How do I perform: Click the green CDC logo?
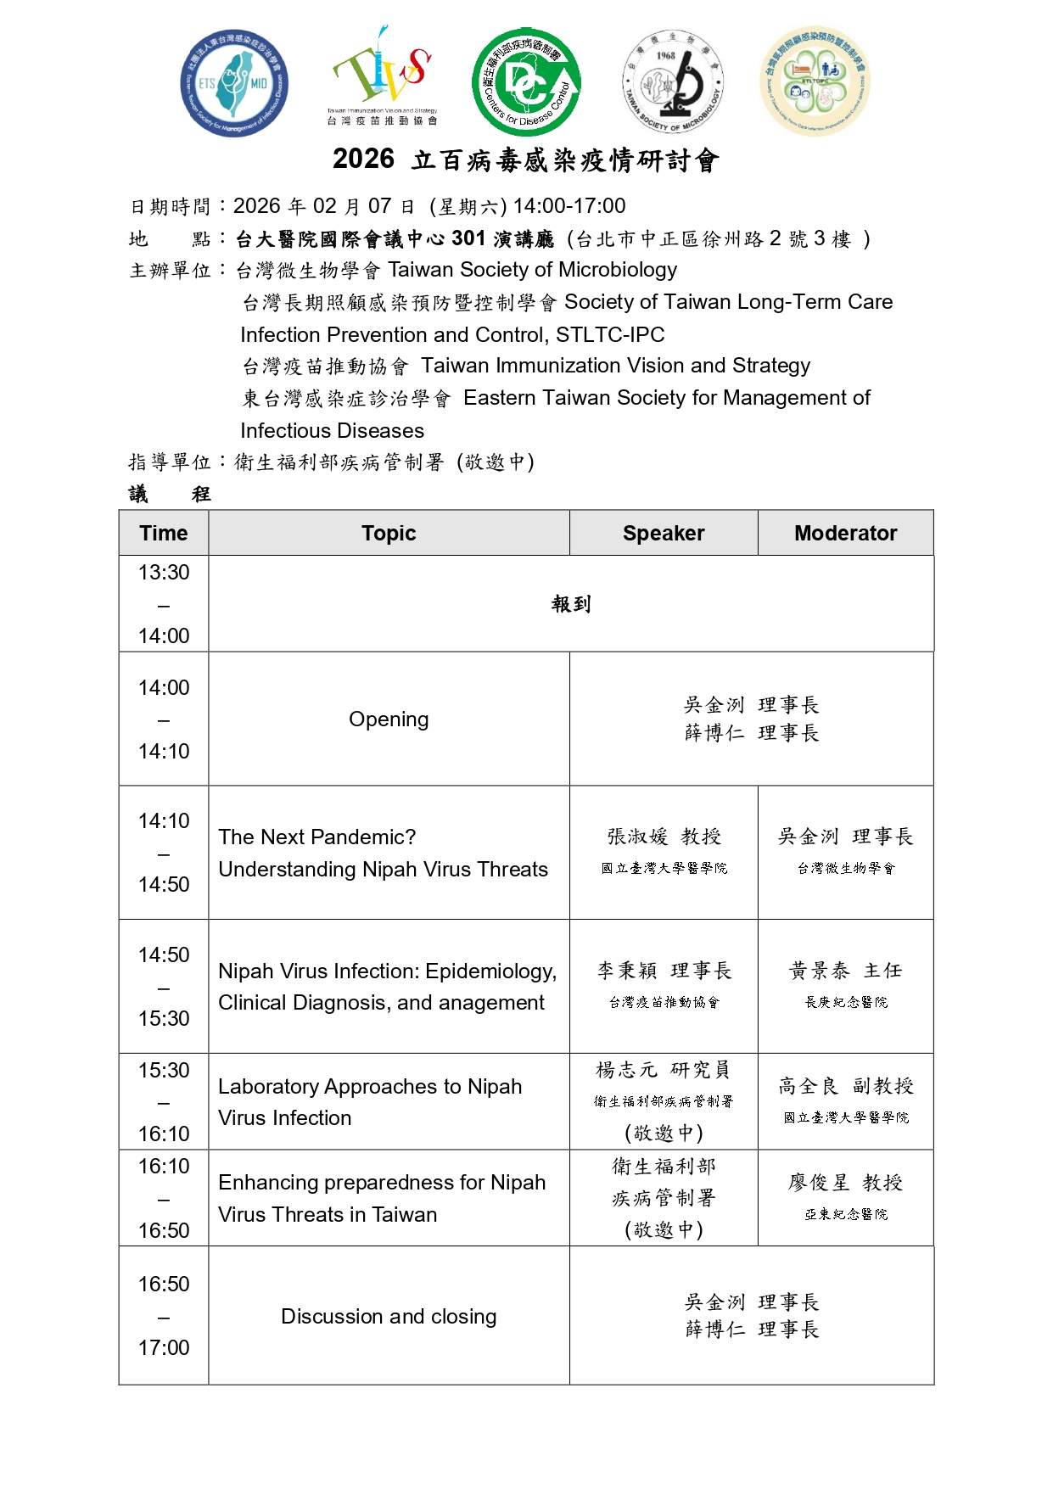[526, 82]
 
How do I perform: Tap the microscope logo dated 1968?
[674, 82]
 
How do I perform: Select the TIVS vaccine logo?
[383, 76]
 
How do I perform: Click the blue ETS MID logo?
[234, 83]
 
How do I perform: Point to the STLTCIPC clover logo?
[815, 81]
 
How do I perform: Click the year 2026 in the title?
[363, 159]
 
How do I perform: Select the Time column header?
[164, 533]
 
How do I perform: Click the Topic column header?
[389, 533]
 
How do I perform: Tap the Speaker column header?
[664, 533]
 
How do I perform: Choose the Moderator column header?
[845, 533]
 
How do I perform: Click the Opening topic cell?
[389, 719]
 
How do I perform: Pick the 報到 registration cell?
[570, 603]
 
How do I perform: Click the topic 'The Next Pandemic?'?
[317, 837]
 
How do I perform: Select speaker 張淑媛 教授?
[664, 837]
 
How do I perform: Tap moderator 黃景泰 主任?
[845, 970]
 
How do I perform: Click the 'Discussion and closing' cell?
[389, 1316]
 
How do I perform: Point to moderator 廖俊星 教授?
[845, 1182]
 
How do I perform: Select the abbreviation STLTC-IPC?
[610, 334]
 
